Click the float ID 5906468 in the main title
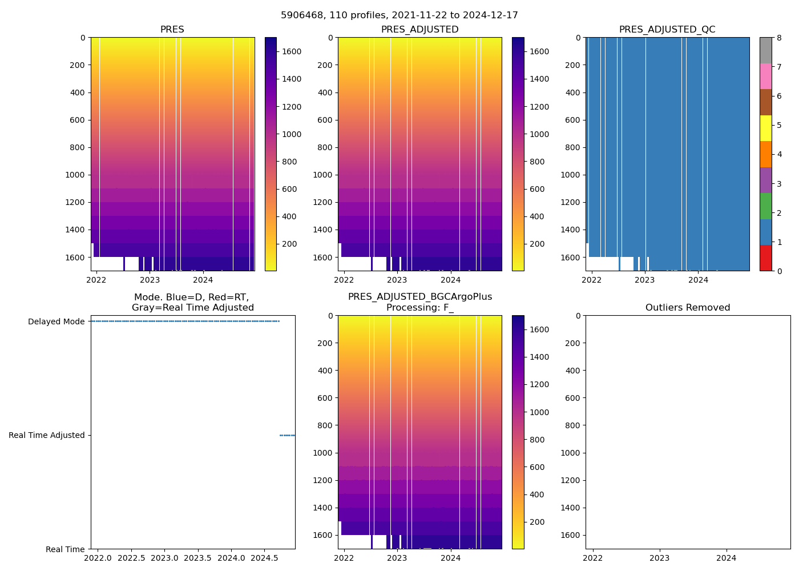pos(300,15)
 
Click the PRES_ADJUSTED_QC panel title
pos(667,30)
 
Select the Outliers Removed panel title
pos(688,308)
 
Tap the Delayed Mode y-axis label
pos(56,321)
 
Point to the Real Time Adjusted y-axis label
pos(47,435)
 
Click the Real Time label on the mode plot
pos(65,549)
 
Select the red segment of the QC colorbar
pos(765,258)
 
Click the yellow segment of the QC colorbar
pos(765,128)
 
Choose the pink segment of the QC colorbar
pos(765,77)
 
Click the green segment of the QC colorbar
pos(765,206)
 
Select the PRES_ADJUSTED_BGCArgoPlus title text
pos(420,297)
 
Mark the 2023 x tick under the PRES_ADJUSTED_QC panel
pos(645,280)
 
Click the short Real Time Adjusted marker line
pos(287,435)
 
